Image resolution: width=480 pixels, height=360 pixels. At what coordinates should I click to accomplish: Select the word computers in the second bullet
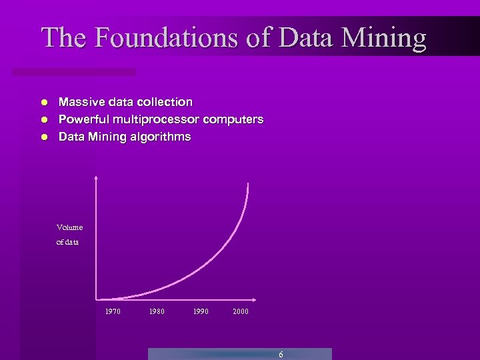(x=233, y=119)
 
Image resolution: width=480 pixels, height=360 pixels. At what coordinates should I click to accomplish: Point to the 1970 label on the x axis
(x=113, y=311)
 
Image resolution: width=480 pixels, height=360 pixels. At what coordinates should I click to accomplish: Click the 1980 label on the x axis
(x=157, y=311)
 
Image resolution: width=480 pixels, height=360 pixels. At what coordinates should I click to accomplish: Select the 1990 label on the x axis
(x=201, y=311)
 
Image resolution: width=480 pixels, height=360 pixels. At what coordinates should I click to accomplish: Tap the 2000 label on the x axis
(x=241, y=311)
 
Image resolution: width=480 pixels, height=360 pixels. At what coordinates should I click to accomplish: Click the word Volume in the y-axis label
(x=69, y=227)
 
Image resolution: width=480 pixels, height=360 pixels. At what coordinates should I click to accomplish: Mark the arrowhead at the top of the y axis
(x=97, y=178)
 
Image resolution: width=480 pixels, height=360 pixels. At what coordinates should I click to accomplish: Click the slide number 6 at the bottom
(x=281, y=355)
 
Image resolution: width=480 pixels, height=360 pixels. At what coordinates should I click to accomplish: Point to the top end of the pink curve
(x=248, y=183)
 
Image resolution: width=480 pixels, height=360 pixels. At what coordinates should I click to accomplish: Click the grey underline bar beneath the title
(x=73, y=71)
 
